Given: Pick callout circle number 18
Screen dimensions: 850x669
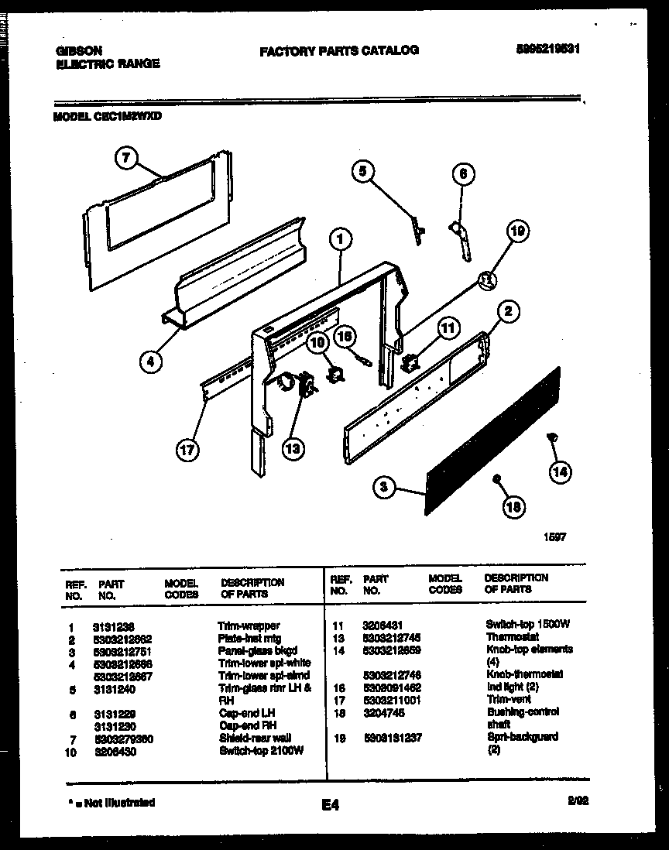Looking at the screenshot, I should pos(513,507).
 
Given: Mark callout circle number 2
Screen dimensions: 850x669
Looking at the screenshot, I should pos(507,312).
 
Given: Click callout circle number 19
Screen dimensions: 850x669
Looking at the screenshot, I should pos(519,230).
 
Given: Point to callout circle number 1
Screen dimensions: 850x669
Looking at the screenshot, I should pos(339,242).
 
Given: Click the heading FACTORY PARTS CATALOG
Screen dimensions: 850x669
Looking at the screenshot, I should pos(338,50).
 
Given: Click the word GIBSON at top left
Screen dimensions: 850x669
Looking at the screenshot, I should pos(79,50).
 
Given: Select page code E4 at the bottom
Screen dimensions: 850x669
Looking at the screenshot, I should pos(331,806).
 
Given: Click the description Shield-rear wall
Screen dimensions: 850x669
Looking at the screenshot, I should pos(254,738).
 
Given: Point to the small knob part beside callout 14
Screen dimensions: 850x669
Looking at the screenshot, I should pos(552,438).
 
